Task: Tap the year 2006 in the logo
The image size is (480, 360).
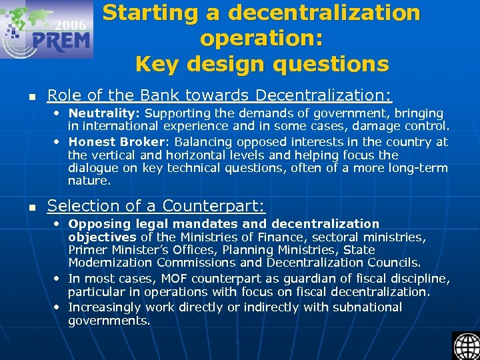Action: [x=70, y=25]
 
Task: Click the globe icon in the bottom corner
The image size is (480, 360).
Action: [x=465, y=346]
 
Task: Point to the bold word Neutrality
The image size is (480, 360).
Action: [x=105, y=113]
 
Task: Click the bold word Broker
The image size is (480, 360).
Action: [x=144, y=141]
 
